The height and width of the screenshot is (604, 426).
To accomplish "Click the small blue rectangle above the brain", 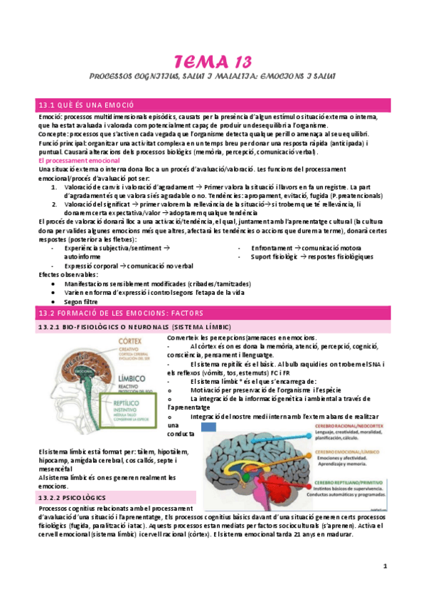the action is point(209,426).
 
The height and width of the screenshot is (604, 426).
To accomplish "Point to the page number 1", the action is point(385,567).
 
